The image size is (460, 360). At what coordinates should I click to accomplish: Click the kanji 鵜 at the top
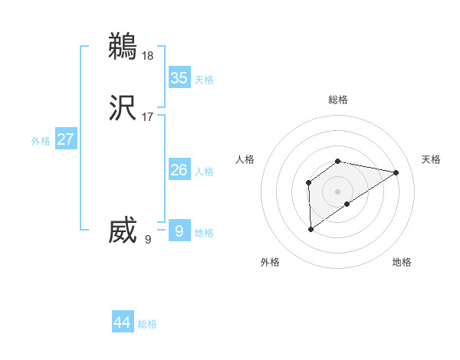[x=123, y=46]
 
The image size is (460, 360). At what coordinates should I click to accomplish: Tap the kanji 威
[x=123, y=231]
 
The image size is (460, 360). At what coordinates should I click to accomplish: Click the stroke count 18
[x=149, y=55]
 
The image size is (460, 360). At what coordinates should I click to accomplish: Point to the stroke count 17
[x=148, y=117]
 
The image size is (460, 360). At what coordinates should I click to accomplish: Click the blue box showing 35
[x=179, y=78]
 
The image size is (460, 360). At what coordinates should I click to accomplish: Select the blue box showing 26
[x=179, y=170]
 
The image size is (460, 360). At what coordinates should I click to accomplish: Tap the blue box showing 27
[x=65, y=139]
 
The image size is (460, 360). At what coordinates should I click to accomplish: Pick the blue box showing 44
[x=123, y=322]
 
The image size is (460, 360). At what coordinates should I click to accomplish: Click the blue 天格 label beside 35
[x=204, y=80]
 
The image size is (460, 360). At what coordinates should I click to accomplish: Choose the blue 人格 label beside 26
[x=204, y=172]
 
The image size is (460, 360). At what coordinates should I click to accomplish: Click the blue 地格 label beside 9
[x=204, y=233]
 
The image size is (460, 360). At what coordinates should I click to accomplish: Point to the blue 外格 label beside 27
[x=41, y=141]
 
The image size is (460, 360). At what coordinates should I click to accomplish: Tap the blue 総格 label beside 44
[x=147, y=324]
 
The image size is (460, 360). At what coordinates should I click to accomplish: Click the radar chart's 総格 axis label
[x=338, y=100]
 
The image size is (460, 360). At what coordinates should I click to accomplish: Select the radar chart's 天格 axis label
[x=431, y=159]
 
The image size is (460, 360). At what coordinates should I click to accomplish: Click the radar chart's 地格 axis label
[x=402, y=262]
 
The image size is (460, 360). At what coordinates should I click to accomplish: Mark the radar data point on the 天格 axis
[x=396, y=172]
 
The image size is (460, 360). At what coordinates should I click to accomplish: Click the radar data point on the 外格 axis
[x=310, y=228]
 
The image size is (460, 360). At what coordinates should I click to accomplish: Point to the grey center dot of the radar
[x=338, y=191]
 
